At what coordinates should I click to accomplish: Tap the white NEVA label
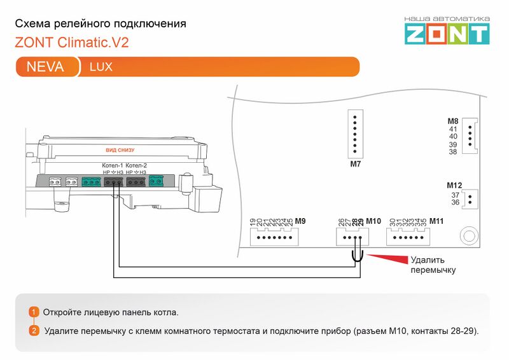45,67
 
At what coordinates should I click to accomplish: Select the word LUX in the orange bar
101,67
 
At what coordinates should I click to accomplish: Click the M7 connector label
355,164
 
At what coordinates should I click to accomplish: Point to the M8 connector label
453,121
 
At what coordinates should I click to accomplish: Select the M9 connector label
300,221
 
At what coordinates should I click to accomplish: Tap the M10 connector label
373,221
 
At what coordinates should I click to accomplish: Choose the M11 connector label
436,221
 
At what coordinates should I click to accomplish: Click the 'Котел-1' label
113,165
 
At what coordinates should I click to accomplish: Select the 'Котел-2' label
137,165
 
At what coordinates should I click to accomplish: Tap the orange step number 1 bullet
34,312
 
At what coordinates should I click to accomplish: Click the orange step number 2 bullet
34,331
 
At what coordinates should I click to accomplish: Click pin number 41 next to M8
453,128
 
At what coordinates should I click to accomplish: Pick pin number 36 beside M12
455,202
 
